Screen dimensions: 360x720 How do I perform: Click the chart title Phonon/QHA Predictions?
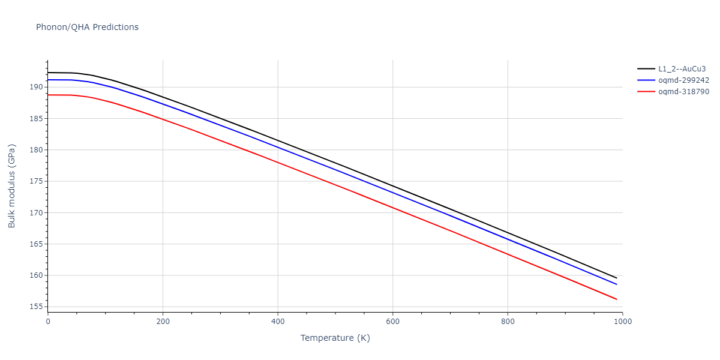tap(87, 27)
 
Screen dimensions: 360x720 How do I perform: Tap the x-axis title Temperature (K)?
tap(335, 338)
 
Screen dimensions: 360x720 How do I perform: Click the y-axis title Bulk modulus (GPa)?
tap(12, 186)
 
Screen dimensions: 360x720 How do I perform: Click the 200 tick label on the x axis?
tap(163, 322)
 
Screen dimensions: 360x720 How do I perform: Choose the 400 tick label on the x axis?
tap(278, 322)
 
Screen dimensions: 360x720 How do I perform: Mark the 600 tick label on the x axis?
tap(392, 322)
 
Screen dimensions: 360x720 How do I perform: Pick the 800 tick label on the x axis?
tap(508, 322)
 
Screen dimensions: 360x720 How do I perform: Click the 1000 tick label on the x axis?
tap(622, 322)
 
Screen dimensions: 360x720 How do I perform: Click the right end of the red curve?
tap(617, 299)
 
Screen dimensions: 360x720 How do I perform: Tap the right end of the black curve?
tap(617, 278)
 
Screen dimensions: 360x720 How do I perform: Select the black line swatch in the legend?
tap(646, 68)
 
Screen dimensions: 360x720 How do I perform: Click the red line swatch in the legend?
tap(646, 92)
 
